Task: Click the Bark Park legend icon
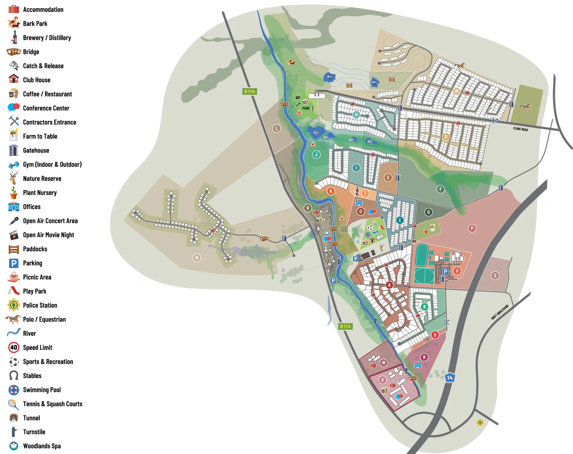coord(13,23)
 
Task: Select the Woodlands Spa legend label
coord(42,446)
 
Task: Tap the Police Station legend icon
coord(13,305)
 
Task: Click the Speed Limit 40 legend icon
coord(13,347)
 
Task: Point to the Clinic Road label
coord(520,129)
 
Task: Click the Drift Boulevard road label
coord(500,312)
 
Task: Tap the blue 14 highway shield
coord(450,378)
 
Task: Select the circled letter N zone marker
coord(197,258)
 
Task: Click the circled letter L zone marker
coord(276,128)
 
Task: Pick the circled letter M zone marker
coord(456,91)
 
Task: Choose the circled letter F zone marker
coord(440,189)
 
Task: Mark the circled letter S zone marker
coord(495,275)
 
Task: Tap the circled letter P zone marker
coord(472,228)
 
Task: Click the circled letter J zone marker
coord(316,154)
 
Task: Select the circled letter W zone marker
coord(383,363)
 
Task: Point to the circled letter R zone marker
coord(424,357)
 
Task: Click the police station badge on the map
coord(480,422)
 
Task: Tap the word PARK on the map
coord(306,108)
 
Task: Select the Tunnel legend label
coord(31,418)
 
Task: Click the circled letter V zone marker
coord(308,208)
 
